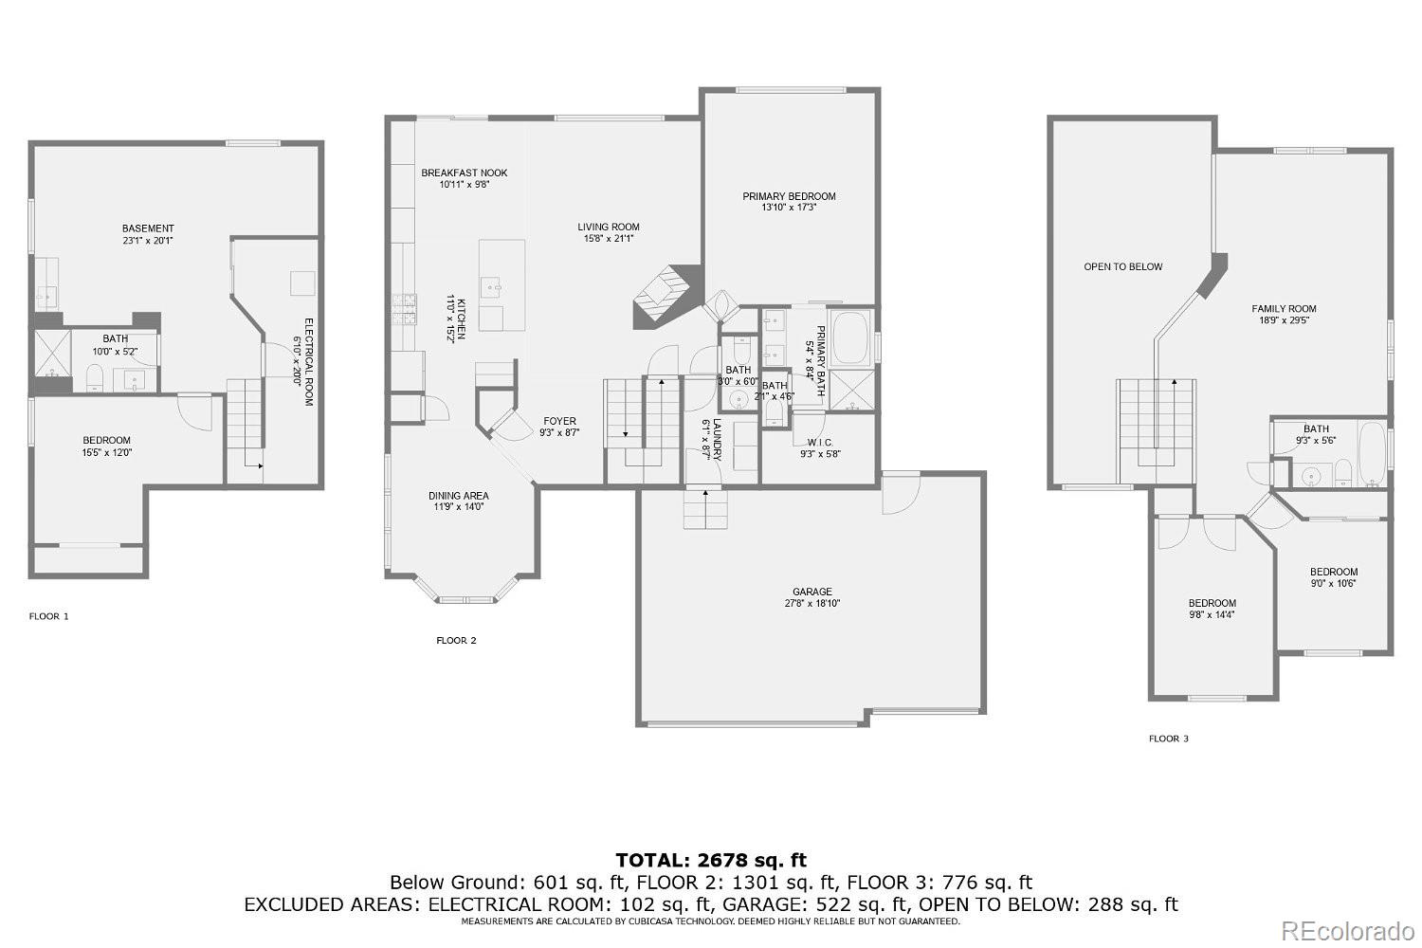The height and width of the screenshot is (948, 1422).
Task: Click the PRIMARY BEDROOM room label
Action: click(x=789, y=196)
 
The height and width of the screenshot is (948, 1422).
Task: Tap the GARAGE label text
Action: click(x=812, y=592)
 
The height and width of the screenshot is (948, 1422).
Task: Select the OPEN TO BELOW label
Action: click(x=1123, y=266)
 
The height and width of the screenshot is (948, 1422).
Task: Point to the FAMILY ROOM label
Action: click(x=1284, y=308)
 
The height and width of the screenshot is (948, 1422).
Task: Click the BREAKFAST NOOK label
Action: click(x=465, y=173)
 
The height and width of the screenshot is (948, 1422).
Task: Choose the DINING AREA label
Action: click(x=458, y=495)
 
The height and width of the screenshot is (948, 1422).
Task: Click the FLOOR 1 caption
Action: click(x=49, y=616)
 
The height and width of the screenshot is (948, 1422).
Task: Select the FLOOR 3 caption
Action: click(x=1168, y=738)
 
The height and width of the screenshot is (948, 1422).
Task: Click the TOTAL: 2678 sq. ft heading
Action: click(x=711, y=860)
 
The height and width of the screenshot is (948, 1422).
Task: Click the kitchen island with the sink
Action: click(x=501, y=285)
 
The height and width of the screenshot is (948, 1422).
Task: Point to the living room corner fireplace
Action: click(x=664, y=296)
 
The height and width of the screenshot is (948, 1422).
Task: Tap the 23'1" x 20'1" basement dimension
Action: click(x=148, y=241)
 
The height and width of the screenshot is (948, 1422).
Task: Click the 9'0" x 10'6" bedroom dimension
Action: click(x=1334, y=584)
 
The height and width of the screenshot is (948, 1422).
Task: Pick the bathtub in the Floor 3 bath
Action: click(x=1373, y=455)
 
